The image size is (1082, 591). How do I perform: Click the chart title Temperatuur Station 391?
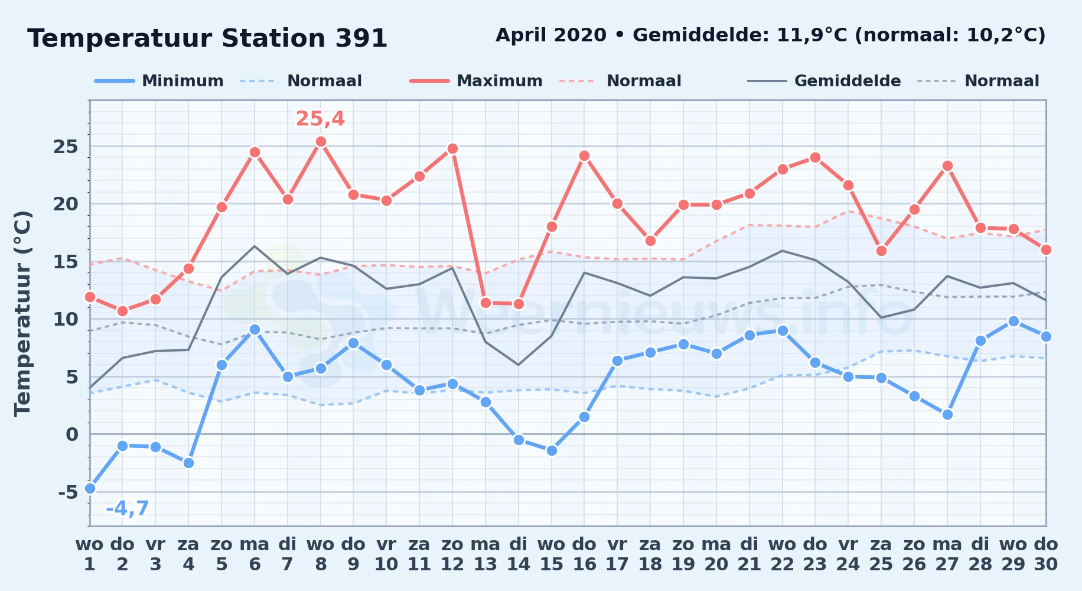click(x=207, y=38)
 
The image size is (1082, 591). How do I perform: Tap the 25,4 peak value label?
click(x=320, y=119)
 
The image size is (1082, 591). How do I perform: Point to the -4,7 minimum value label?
click(x=127, y=508)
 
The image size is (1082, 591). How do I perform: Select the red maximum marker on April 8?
click(x=321, y=142)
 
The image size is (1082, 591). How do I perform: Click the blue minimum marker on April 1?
click(x=90, y=488)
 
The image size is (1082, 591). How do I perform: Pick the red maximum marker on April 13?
click(x=485, y=303)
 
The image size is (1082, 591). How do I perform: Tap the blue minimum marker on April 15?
click(x=552, y=450)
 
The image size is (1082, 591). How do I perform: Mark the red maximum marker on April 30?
click(x=1046, y=249)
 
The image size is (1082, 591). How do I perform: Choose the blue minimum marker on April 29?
click(x=1013, y=321)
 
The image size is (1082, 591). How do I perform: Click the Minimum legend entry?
click(x=159, y=81)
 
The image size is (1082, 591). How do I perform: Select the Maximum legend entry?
click(x=476, y=81)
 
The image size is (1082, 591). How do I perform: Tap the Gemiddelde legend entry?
click(x=824, y=81)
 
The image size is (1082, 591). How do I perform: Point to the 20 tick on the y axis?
click(x=66, y=204)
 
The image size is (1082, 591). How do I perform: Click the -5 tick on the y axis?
click(x=68, y=492)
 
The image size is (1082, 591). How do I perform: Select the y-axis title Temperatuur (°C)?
click(x=22, y=313)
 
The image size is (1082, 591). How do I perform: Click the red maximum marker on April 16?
click(x=584, y=156)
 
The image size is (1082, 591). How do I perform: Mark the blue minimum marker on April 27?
click(x=947, y=414)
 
